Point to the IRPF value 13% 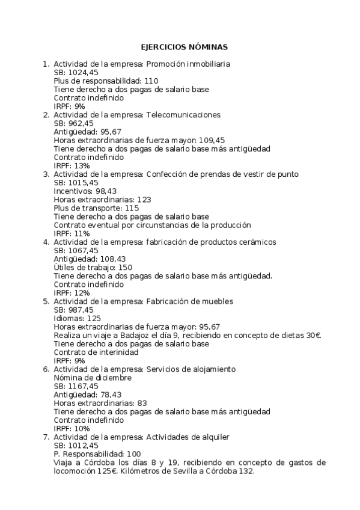pos(82,165)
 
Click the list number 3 pos(46,174)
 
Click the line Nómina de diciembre pos(91,378)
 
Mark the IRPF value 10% pos(82,429)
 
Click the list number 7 pos(46,437)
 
